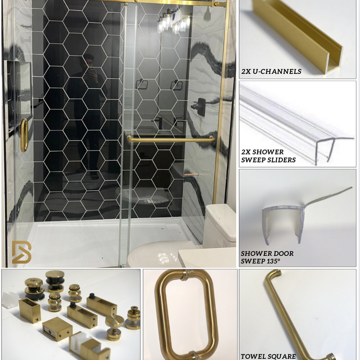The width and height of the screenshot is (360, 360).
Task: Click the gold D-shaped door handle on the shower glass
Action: pos(24,136)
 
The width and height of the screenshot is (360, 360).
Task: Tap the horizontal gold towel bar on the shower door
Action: pos(171,139)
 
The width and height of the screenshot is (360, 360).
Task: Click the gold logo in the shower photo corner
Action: pos(21,252)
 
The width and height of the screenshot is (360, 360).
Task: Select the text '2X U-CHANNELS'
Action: pos(271,71)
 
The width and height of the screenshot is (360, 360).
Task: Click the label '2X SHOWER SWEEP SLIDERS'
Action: pos(268,156)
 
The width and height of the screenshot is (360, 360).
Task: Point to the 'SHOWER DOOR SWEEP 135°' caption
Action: pos(267,257)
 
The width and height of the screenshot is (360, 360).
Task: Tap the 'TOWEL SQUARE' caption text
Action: pos(268,356)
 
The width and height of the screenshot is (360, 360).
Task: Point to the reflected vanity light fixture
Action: pos(174,22)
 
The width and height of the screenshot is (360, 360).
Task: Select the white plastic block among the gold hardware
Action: pos(10,299)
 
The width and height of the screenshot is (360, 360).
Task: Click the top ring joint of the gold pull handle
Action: pos(187,275)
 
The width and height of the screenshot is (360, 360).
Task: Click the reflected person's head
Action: pos(88,61)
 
